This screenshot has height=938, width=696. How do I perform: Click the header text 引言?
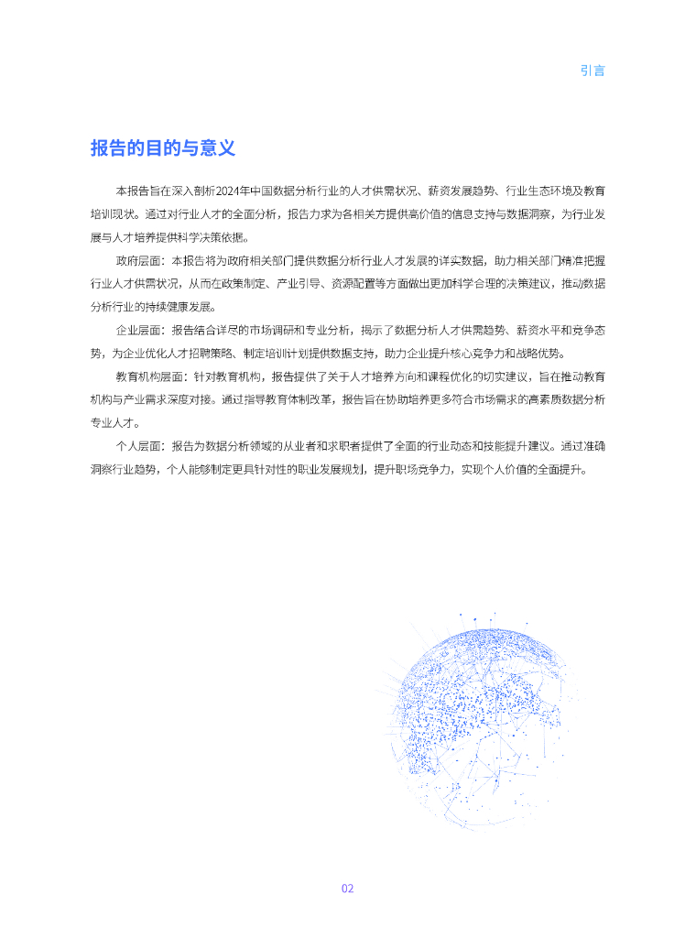[x=593, y=71]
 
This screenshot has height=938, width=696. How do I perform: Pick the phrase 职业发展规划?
[x=321, y=470]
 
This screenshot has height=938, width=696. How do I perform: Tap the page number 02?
[x=347, y=889]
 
